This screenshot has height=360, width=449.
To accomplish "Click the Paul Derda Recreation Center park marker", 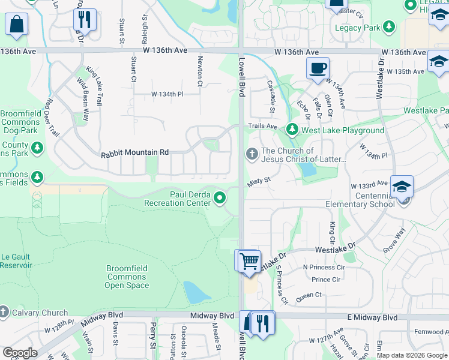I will (x=220, y=197).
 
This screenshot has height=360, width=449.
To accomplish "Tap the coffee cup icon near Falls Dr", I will (x=318, y=68).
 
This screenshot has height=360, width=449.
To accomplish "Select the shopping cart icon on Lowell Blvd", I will (x=247, y=261).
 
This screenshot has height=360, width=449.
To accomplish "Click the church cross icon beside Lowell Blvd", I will (x=252, y=155).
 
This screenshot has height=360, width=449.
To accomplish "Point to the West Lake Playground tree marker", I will (x=292, y=130).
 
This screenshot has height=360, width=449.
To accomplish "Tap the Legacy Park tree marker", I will (x=390, y=27).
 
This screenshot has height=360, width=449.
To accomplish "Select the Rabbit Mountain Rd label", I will (x=135, y=153).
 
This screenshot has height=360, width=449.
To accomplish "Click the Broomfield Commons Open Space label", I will (x=127, y=277).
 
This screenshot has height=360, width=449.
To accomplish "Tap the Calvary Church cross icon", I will (x=4, y=312).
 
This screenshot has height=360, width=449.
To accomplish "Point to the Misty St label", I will (x=259, y=179).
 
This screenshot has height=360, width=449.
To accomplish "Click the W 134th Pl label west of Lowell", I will (x=167, y=94).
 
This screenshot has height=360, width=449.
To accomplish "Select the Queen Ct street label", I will (x=309, y=295).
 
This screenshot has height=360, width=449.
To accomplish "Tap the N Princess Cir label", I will (x=324, y=267).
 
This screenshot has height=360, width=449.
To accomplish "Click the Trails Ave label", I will (x=263, y=126).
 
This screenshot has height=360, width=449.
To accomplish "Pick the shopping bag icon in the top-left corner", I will (x=16, y=25).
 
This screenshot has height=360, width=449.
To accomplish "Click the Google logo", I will (x=20, y=353).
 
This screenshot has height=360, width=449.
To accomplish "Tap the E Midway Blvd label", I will (x=374, y=317).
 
